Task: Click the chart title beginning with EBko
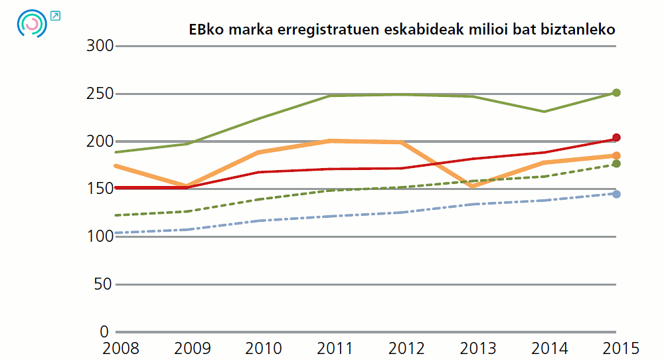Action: pyautogui.click(x=402, y=30)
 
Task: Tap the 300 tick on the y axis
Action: pyautogui.click(x=100, y=46)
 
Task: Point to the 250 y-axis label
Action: pyautogui.click(x=100, y=94)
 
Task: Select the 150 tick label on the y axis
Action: pyautogui.click(x=100, y=189)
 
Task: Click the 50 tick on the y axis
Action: pyautogui.click(x=104, y=284)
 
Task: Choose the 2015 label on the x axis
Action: pyautogui.click(x=617, y=348)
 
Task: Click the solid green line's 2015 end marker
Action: pyautogui.click(x=616, y=93)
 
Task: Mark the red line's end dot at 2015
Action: pyautogui.click(x=616, y=137)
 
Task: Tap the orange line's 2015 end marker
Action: pyautogui.click(x=616, y=155)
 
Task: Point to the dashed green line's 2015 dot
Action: pyautogui.click(x=616, y=164)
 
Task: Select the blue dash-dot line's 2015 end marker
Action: pyautogui.click(x=616, y=194)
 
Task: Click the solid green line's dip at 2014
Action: pyautogui.click(x=544, y=112)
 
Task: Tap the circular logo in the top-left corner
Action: pyautogui.click(x=32, y=23)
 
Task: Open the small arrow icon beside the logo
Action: pyautogui.click(x=56, y=15)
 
